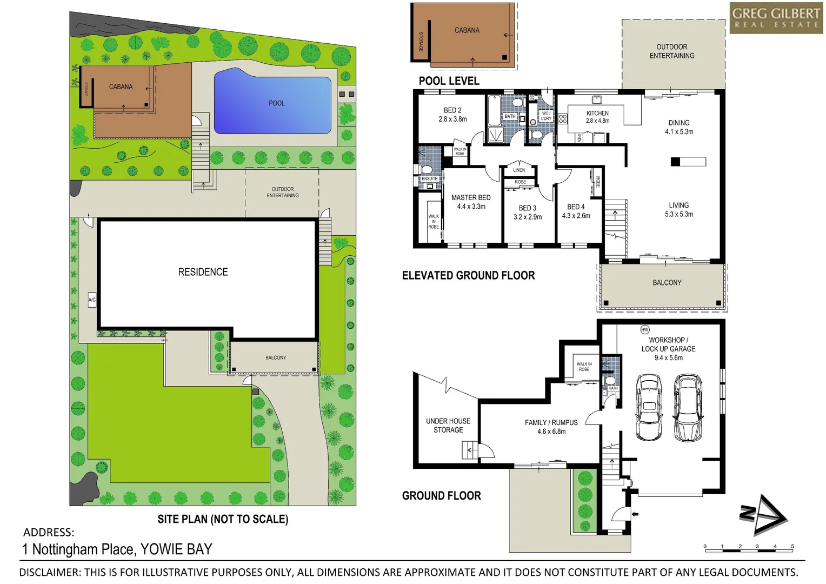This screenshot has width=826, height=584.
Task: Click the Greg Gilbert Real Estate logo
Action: (776, 18)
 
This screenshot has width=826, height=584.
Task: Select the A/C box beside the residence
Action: (92, 300)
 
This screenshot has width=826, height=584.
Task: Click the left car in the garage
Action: (649, 407)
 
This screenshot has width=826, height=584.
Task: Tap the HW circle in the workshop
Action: (644, 329)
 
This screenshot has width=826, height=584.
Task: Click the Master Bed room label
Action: (471, 197)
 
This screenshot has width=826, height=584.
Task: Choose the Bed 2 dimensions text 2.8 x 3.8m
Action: (452, 119)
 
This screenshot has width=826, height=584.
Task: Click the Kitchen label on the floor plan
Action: (597, 113)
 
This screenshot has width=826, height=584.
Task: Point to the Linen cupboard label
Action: (519, 170)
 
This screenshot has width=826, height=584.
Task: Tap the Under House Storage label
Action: (448, 425)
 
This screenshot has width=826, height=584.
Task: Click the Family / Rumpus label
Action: (551, 422)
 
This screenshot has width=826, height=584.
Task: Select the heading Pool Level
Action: (449, 81)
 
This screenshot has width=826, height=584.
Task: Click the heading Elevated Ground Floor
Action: (468, 275)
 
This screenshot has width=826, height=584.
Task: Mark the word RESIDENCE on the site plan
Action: (203, 272)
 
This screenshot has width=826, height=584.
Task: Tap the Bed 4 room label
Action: (576, 207)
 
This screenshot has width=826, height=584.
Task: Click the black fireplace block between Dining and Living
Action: (675, 161)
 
